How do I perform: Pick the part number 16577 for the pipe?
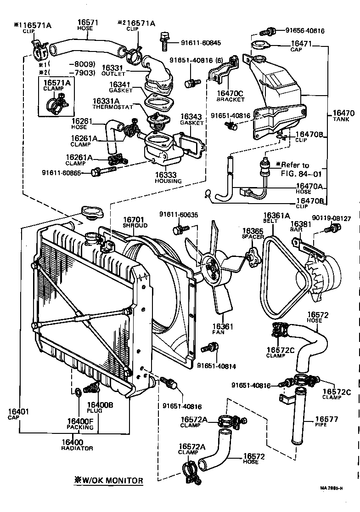[x=326, y=419]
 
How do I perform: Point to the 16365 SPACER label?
[x=253, y=233]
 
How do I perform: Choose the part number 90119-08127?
[x=331, y=219]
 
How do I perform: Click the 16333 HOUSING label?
[x=168, y=177]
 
